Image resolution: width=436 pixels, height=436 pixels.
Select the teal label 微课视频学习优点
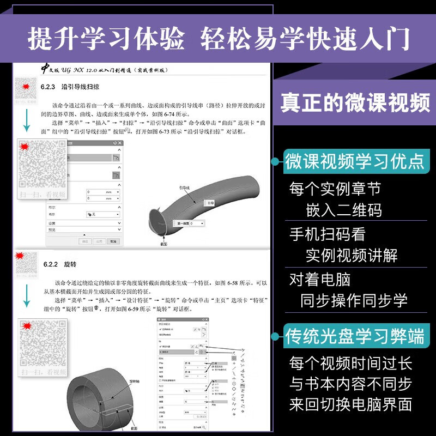[355, 161]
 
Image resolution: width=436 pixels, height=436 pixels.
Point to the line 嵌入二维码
[343, 210]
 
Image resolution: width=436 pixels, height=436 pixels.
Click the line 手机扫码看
[327, 234]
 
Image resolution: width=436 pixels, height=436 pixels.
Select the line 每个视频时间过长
[350, 363]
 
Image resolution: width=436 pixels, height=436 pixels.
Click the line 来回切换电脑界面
[350, 404]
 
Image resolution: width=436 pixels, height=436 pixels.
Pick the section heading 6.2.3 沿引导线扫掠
[70, 87]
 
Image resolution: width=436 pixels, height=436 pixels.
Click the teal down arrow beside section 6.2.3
[26, 119]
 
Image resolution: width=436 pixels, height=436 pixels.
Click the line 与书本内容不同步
[350, 384]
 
